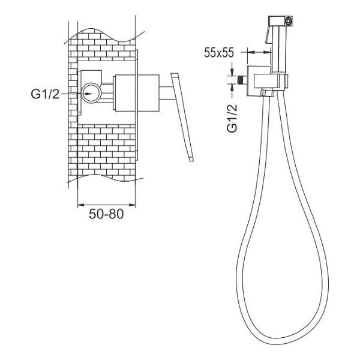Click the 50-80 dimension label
[x=106, y=214]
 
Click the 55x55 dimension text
[x=219, y=53]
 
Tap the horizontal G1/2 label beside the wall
[x=45, y=94]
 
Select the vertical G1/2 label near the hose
[x=232, y=118]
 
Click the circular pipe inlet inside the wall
[x=91, y=93]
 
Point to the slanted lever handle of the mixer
[x=182, y=117]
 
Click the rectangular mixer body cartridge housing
[x=137, y=93]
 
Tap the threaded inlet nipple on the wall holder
[x=242, y=80]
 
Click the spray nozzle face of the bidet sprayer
[x=288, y=20]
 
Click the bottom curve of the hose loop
[x=283, y=337]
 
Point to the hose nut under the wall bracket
[x=268, y=92]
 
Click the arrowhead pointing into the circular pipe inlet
[x=88, y=94]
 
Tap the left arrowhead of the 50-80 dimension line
[x=81, y=205]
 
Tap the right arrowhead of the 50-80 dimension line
[x=132, y=205]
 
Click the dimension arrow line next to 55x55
[x=259, y=52]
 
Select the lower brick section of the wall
[x=107, y=152]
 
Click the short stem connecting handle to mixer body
[x=167, y=93]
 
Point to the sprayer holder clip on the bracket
[x=271, y=81]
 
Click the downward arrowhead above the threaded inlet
[x=232, y=72]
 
